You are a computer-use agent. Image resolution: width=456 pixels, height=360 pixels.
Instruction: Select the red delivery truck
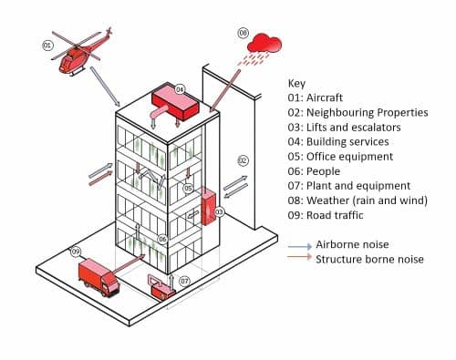(x=98, y=275)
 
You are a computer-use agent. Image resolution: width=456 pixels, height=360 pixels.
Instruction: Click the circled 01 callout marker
(x=48, y=44)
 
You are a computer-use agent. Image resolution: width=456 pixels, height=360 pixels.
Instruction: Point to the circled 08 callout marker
(x=244, y=33)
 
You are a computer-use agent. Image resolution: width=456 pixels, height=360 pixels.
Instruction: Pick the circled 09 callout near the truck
(x=76, y=252)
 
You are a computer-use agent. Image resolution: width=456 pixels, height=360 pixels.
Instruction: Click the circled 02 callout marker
(x=243, y=160)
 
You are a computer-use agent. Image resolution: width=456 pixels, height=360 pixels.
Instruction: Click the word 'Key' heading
(x=296, y=83)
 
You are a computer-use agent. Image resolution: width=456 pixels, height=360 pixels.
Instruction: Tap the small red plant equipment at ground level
(x=164, y=289)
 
